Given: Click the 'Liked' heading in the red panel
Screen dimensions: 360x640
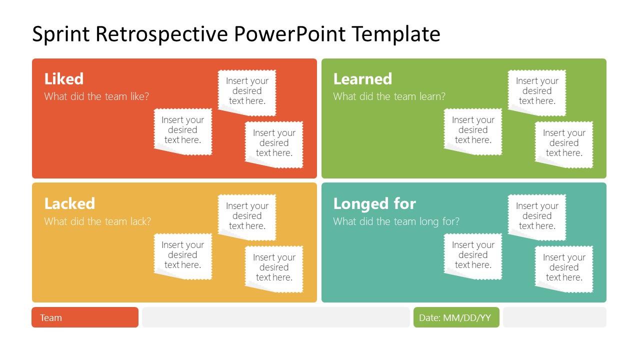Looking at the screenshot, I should coord(64,79).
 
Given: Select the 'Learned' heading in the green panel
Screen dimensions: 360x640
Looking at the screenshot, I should coord(362,79).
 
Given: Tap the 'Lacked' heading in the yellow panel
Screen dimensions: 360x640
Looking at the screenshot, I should coord(69,203).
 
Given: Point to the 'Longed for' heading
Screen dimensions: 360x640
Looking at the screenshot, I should coord(374,203).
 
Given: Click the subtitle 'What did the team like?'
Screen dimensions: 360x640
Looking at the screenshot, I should coord(96,96).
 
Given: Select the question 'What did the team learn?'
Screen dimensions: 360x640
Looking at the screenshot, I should coord(389,96).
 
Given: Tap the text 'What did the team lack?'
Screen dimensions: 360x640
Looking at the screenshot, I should coord(97,221).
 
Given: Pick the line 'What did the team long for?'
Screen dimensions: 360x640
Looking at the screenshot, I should coord(396,221).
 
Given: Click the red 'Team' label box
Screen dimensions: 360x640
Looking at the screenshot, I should coord(85,317).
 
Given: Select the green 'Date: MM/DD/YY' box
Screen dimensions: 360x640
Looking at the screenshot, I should coord(456,317).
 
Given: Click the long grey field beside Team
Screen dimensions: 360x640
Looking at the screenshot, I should coord(275,317).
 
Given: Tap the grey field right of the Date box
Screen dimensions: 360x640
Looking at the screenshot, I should coord(554,317).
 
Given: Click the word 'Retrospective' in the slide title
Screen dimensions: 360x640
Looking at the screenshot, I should coord(162,34).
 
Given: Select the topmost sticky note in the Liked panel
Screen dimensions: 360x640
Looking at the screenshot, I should coord(247,91).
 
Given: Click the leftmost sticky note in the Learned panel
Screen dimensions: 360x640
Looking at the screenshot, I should coord(473,130).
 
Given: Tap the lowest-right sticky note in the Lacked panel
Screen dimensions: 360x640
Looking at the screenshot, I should coord(274,267).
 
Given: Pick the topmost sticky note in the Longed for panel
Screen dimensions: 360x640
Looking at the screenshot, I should coord(537,216).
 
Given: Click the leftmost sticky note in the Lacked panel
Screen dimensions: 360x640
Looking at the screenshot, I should coord(183,255).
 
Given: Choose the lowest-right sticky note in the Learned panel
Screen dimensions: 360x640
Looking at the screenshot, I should coord(564,143).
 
